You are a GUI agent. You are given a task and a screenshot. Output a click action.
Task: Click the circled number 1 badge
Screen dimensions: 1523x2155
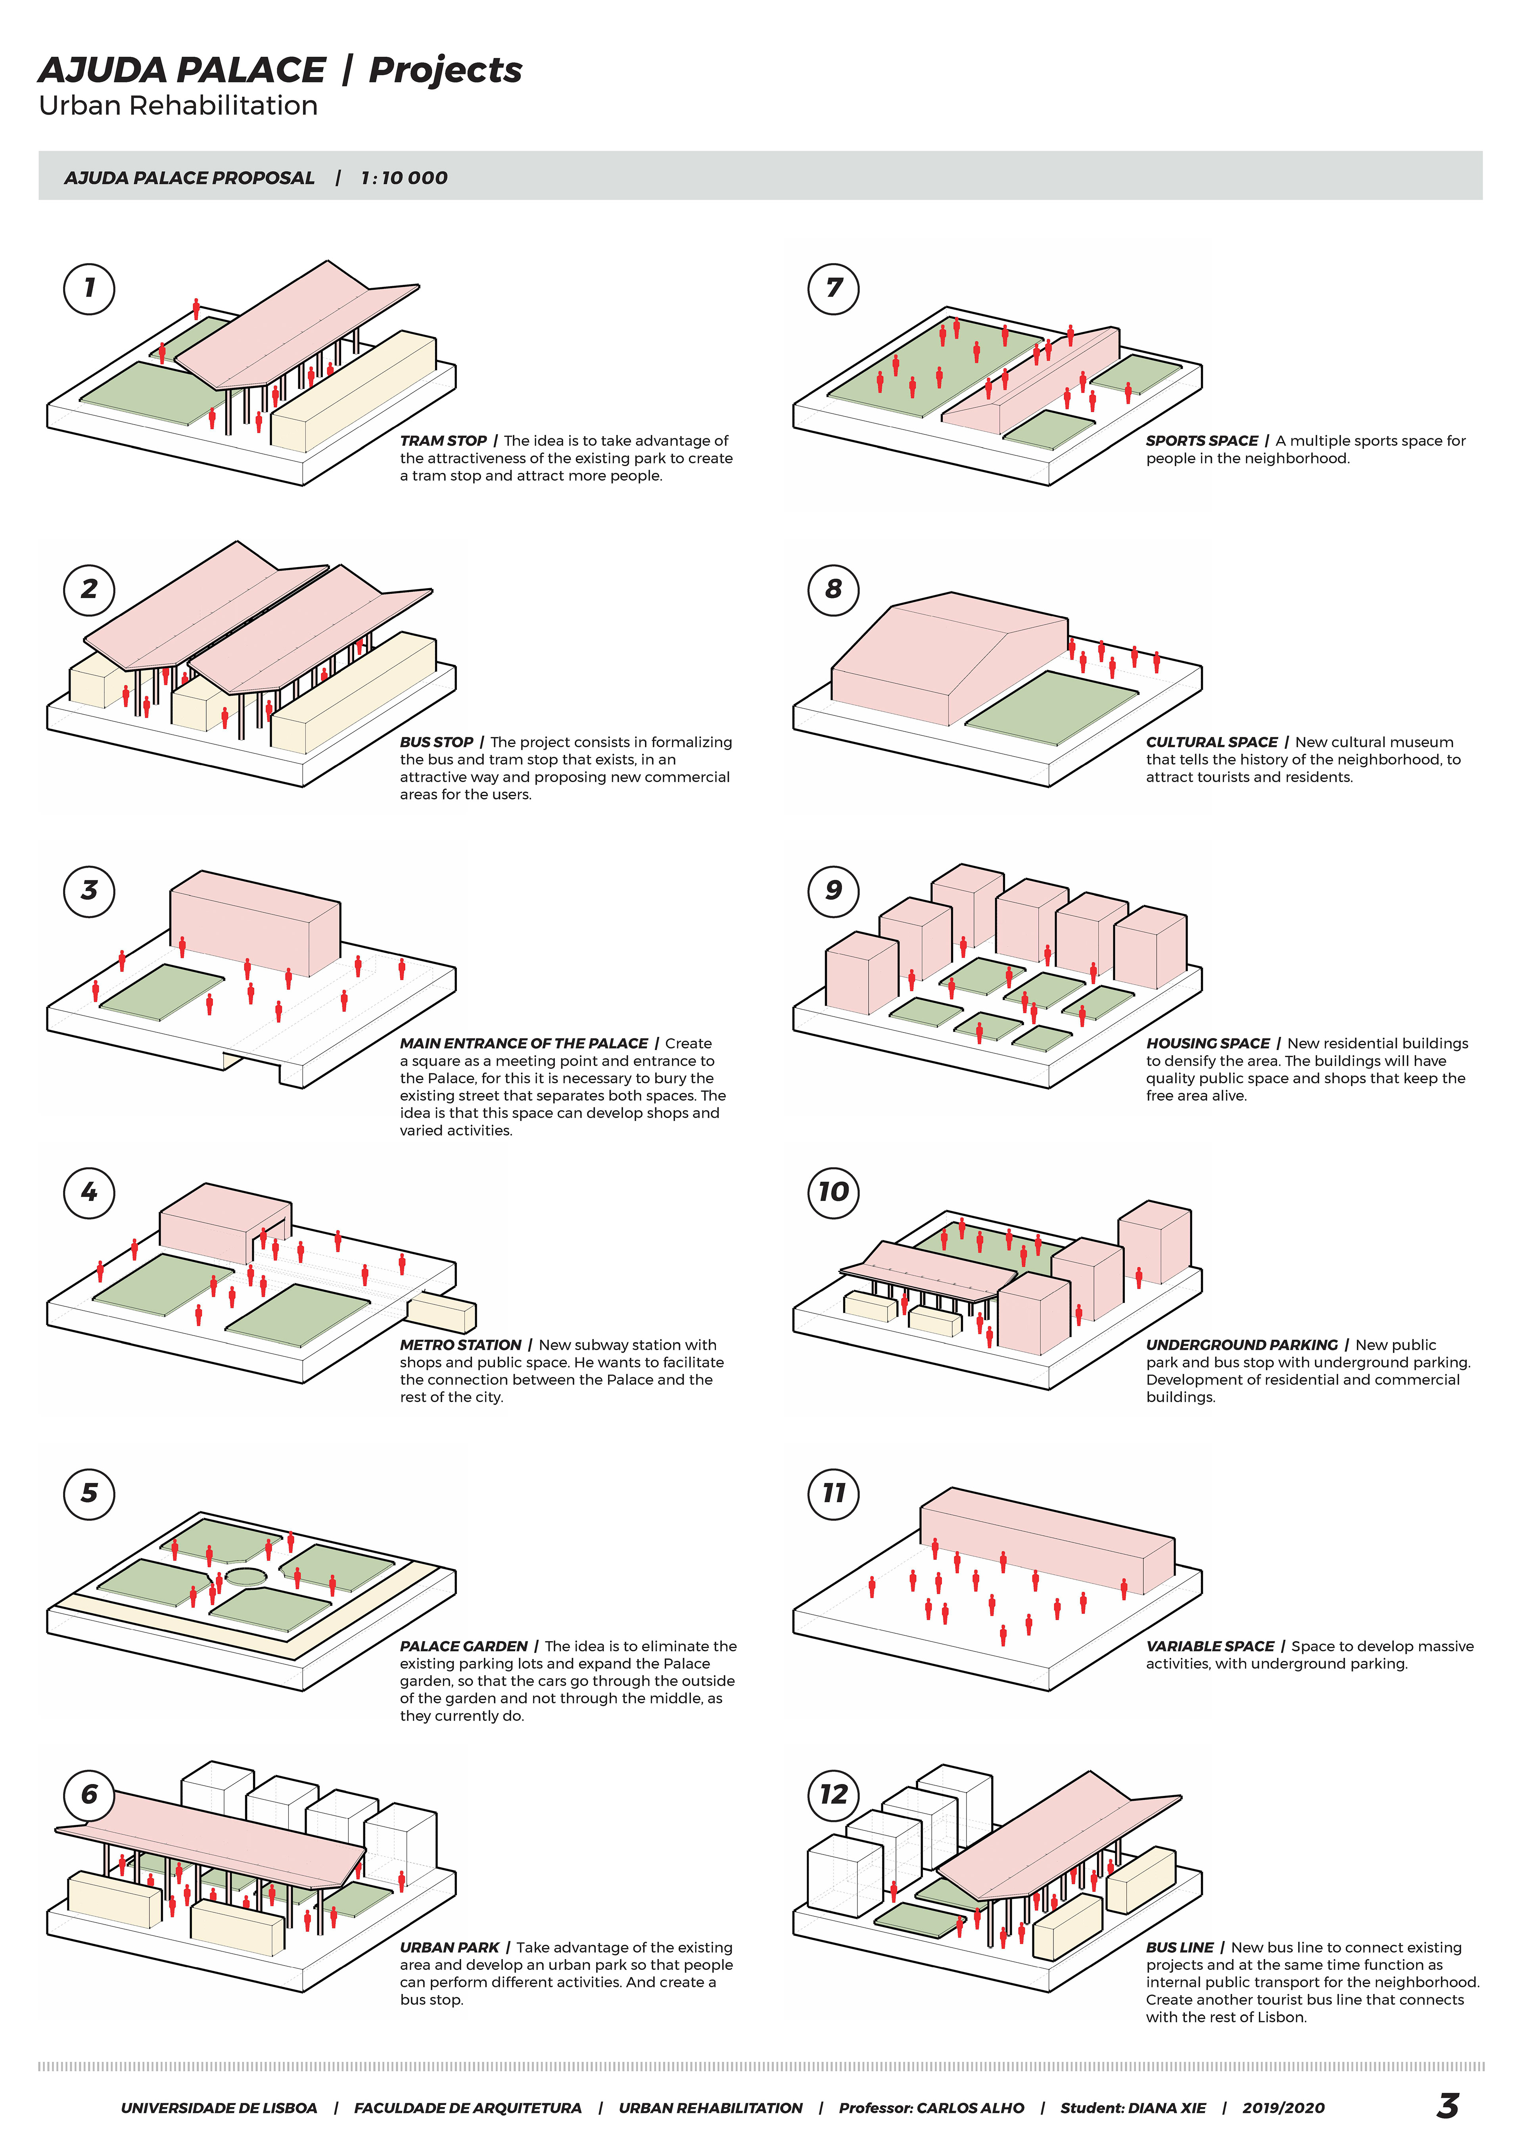[x=89, y=288]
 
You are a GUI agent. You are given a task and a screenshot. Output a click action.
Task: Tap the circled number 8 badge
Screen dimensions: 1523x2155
[x=834, y=589]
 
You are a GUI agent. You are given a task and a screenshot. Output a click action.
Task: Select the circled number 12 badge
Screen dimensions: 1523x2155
[x=834, y=1795]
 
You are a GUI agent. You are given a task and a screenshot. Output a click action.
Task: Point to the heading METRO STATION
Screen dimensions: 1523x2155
[x=460, y=1345]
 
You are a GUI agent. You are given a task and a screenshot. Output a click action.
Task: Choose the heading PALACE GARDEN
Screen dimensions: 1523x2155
[x=464, y=1646]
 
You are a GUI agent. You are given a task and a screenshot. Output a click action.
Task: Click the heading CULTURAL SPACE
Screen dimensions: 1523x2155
[x=1211, y=742]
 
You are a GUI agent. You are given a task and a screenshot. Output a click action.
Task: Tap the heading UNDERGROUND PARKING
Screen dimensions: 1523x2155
[x=1241, y=1345]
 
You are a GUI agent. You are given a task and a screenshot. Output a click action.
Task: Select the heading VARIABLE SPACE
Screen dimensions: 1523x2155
[x=1209, y=1646]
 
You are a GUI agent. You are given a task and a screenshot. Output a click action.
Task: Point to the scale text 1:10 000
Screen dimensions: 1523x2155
[x=404, y=178]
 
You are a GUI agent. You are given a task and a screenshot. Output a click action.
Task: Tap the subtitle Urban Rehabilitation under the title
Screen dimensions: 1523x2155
[x=178, y=106]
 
